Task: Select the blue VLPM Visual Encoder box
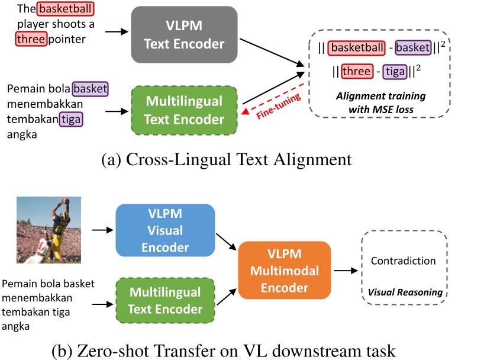[165, 230]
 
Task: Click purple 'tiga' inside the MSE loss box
[395, 72]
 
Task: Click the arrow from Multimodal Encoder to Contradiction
[344, 271]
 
